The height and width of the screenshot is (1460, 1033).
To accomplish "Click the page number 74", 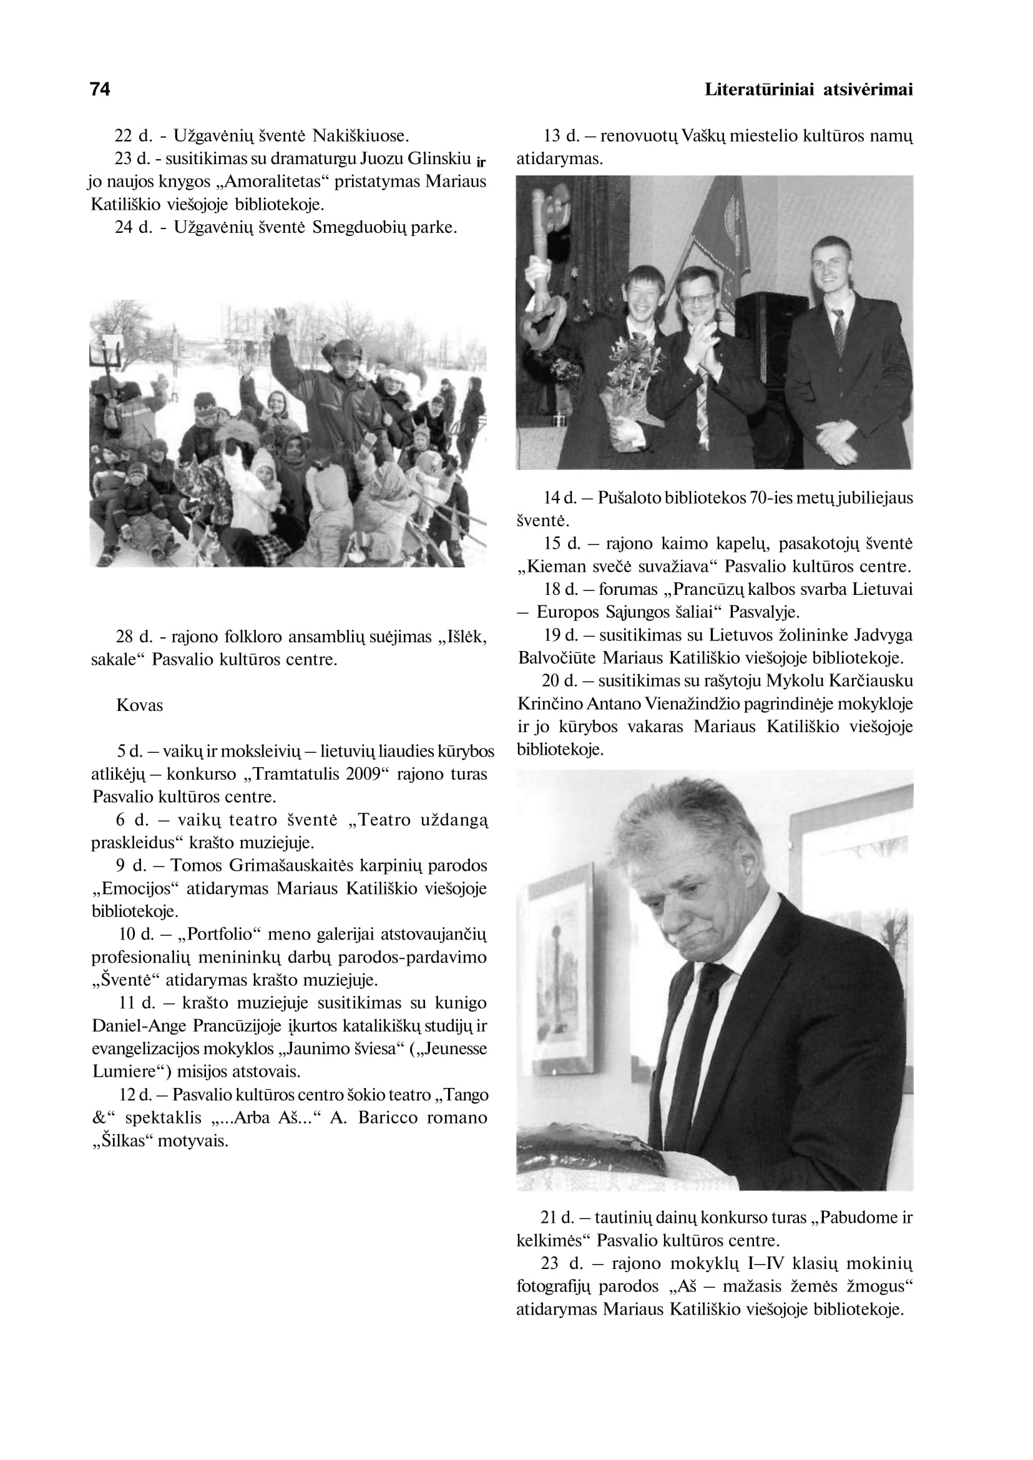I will (x=100, y=89).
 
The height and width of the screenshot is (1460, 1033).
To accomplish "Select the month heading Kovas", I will (x=139, y=705).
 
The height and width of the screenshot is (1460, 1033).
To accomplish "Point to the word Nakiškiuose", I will (x=361, y=136).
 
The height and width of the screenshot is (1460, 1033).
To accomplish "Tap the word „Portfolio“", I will (x=217, y=934).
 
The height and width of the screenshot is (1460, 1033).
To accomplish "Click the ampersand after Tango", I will (x=98, y=1118).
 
